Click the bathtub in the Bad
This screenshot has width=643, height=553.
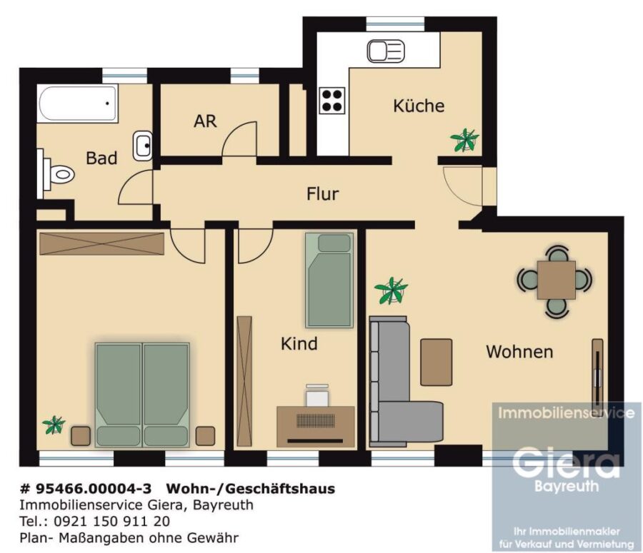point(77,103)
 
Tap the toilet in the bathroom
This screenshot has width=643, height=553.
point(58,175)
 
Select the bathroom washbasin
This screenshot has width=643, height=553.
point(143,146)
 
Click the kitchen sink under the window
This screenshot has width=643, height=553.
point(386,51)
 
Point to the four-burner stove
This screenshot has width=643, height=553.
point(332,101)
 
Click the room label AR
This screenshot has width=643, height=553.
point(205,121)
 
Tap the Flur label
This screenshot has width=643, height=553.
point(323,194)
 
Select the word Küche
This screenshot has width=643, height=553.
point(419,106)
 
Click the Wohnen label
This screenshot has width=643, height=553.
point(519,352)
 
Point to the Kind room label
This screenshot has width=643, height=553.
point(299,344)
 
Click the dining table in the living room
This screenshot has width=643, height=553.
point(556,280)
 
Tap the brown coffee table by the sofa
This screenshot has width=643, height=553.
point(437,362)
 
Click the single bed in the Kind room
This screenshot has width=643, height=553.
point(329,280)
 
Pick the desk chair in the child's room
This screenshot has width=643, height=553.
point(317,396)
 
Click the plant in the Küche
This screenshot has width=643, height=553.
point(464,140)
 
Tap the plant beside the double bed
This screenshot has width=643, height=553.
point(54,425)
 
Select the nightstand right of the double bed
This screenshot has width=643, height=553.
point(205,436)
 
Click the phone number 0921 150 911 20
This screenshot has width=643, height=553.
point(111,521)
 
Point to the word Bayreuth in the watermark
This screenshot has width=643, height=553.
point(567,486)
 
